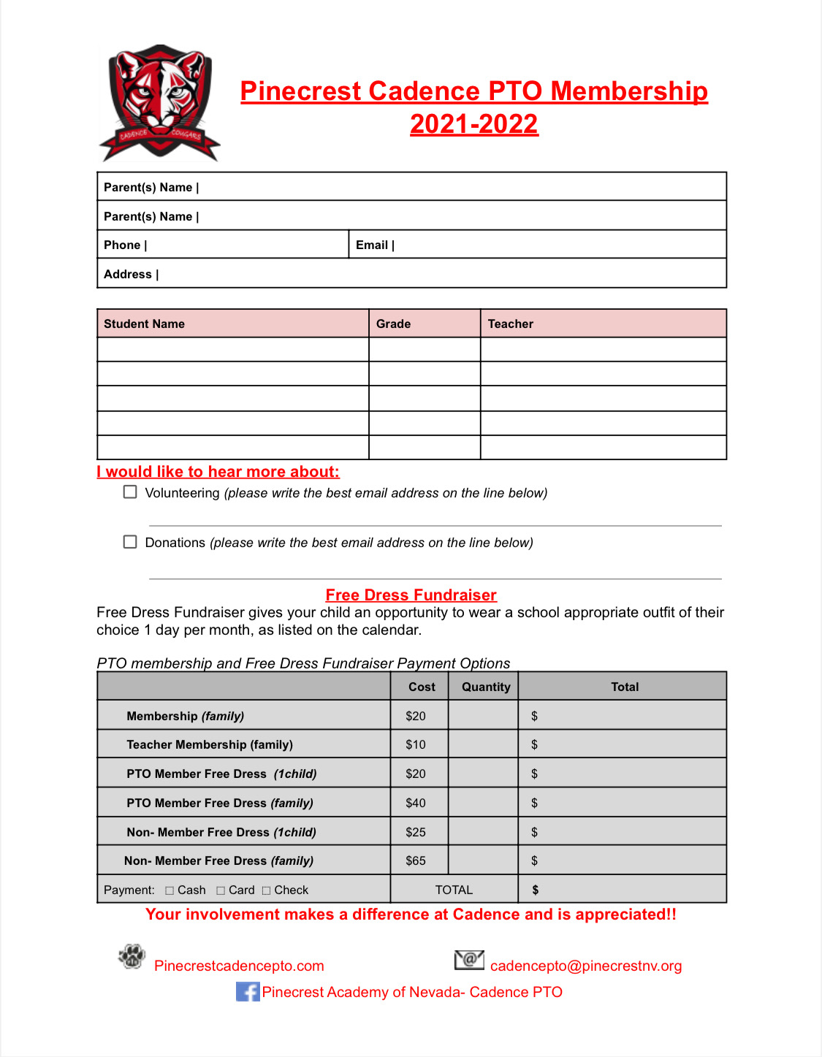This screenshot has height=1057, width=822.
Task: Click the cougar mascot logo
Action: [159, 103]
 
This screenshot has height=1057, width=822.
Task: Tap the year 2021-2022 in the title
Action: [473, 124]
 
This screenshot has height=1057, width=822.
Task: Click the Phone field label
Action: [122, 245]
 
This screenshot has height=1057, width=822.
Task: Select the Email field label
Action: [372, 245]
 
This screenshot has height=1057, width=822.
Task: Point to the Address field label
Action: [128, 275]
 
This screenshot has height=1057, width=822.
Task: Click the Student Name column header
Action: [144, 324]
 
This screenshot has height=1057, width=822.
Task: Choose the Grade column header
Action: [393, 324]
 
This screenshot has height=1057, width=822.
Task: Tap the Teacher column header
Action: [510, 324]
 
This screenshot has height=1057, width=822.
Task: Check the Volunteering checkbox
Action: [130, 492]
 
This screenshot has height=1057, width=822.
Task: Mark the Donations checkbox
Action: [130, 542]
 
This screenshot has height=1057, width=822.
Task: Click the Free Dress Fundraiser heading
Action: [411, 595]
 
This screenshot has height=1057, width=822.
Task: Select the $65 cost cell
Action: [416, 861]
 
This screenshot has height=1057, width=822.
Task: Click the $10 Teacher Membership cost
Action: [416, 745]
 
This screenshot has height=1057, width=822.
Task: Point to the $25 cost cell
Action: [416, 832]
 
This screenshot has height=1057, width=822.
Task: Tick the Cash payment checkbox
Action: [170, 890]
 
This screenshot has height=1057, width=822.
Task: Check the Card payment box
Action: [221, 890]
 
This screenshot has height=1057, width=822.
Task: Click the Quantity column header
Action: [486, 687]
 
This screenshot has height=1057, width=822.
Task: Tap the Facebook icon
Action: [248, 992]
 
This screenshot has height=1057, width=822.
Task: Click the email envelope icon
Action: [469, 960]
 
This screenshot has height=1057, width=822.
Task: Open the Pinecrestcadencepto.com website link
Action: [239, 966]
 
